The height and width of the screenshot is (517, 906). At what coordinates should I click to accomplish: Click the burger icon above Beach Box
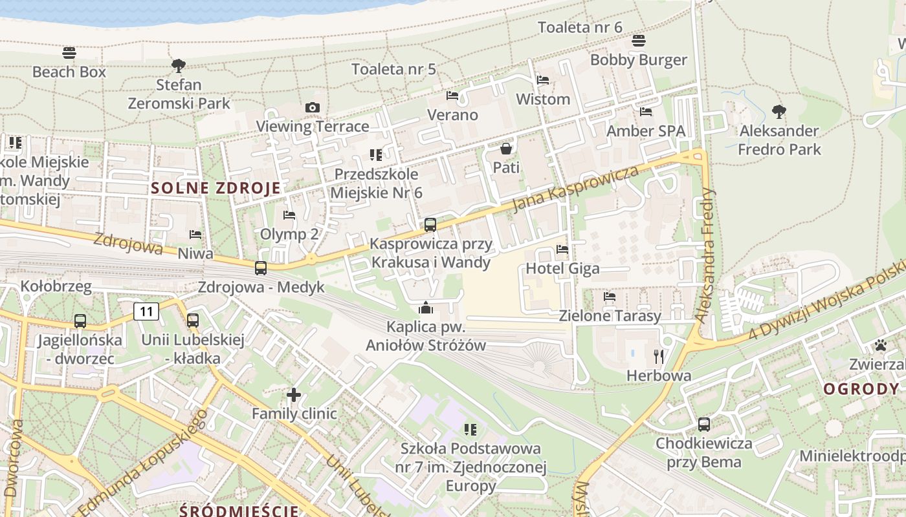[x=69, y=53]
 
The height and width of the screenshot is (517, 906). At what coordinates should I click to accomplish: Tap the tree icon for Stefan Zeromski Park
[x=179, y=65]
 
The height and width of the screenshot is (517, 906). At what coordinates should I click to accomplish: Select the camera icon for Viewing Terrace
[x=313, y=107]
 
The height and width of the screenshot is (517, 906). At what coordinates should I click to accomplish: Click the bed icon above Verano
[x=452, y=96]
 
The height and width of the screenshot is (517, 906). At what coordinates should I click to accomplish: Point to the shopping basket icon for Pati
[x=506, y=149]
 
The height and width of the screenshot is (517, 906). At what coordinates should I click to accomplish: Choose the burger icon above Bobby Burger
[x=639, y=41]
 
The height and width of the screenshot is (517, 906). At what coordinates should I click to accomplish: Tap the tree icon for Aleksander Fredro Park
[x=779, y=112]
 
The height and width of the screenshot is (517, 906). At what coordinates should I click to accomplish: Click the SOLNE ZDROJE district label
[x=216, y=188]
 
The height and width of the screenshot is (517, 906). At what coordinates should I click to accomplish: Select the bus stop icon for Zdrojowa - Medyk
[x=261, y=268]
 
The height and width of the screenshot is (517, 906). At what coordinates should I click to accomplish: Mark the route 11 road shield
[x=147, y=311]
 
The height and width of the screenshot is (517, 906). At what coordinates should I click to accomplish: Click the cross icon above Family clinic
[x=294, y=394]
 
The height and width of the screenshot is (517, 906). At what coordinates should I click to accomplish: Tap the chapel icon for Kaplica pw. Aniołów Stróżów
[x=425, y=308]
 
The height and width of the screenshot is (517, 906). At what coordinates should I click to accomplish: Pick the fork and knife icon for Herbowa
[x=659, y=356]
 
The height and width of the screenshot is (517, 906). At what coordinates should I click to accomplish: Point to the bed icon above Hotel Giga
[x=562, y=249]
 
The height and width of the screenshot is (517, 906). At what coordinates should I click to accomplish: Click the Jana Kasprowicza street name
[x=576, y=187]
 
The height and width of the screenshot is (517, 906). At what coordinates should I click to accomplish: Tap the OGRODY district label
[x=861, y=389]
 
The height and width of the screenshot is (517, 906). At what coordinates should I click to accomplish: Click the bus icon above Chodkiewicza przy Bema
[x=704, y=425]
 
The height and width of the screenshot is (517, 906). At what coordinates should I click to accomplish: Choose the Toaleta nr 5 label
[x=393, y=69]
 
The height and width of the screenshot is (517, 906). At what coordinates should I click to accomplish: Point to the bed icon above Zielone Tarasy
[x=610, y=297]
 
